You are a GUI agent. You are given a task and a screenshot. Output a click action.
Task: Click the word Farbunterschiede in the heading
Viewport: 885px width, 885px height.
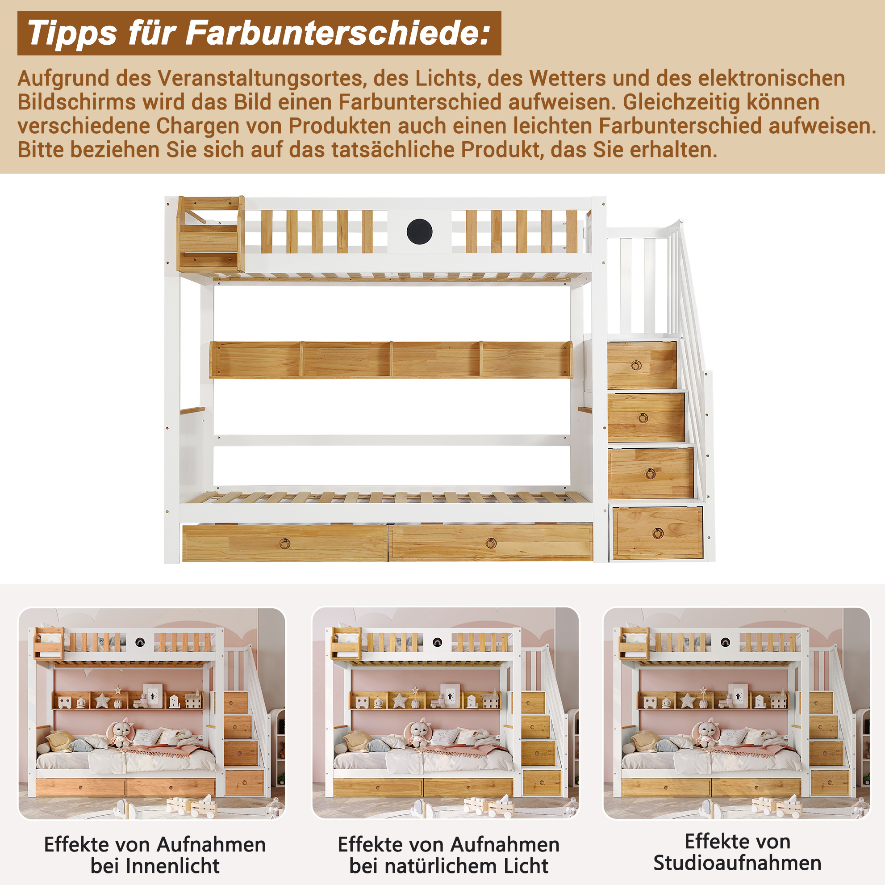point(338,33)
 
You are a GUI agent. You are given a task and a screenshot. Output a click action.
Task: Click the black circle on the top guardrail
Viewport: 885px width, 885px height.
point(419,232)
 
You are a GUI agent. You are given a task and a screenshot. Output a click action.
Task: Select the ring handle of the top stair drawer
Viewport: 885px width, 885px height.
point(636,366)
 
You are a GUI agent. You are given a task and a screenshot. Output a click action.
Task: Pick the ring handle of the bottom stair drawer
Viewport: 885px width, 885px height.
point(658,533)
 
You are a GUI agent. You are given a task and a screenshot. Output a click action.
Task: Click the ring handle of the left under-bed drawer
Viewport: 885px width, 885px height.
point(284,544)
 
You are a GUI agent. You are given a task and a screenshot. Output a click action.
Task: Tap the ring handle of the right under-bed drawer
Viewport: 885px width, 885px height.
point(491,544)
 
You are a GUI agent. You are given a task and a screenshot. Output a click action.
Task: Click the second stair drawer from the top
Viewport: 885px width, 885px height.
point(646,417)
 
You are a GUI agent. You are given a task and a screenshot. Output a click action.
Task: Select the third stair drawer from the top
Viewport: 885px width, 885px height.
point(651,473)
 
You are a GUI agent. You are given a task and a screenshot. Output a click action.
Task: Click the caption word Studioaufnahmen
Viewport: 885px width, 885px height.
point(737,863)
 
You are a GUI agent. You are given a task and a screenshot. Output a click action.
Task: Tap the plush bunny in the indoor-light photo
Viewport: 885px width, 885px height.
point(121,733)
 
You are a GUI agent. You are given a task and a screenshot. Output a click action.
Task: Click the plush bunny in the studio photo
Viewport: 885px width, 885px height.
point(706,733)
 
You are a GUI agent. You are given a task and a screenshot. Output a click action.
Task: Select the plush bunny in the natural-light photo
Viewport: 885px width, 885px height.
point(418,733)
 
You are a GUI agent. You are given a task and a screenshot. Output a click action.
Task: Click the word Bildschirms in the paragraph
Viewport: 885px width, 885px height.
point(76,102)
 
